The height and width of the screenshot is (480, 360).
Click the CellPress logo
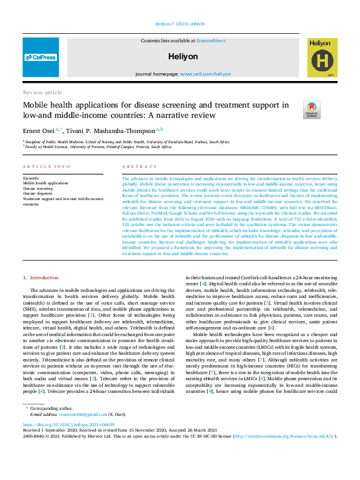41,57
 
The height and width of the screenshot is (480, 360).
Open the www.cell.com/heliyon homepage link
205,74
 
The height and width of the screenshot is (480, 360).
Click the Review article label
42,92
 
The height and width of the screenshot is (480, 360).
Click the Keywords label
31,178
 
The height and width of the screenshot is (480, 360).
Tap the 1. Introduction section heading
41,277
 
